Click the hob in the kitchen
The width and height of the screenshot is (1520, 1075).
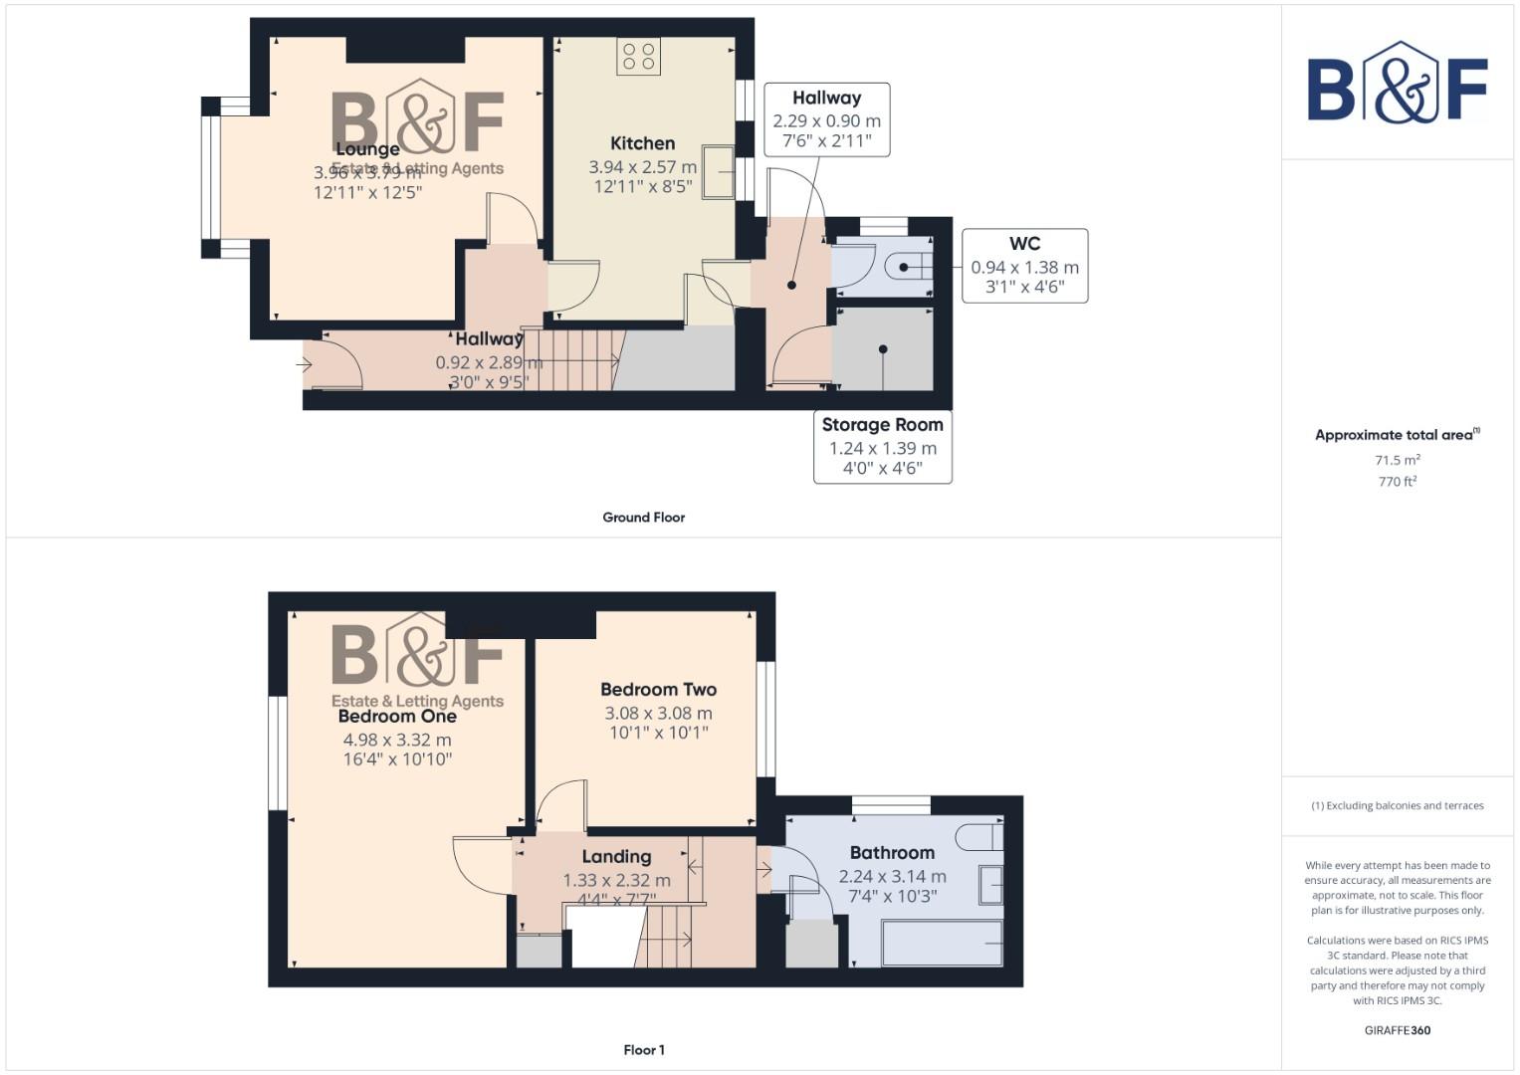(x=638, y=57)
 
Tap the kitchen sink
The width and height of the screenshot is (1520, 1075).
(x=717, y=172)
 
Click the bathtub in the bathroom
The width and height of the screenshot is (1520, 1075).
(x=942, y=943)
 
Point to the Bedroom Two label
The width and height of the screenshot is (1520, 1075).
(x=658, y=689)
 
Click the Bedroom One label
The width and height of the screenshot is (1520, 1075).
(x=397, y=716)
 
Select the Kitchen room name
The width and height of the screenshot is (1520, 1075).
(x=642, y=143)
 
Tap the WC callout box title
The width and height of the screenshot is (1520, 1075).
(x=1024, y=244)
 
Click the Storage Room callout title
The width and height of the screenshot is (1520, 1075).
(x=882, y=424)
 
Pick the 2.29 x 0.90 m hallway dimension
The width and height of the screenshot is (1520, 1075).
(x=826, y=121)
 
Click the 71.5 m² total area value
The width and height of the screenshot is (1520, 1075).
(x=1397, y=460)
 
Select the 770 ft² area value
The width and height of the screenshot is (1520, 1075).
(x=1397, y=482)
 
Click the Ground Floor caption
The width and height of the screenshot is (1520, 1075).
(x=643, y=518)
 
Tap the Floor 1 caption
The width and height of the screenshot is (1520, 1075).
(x=643, y=1050)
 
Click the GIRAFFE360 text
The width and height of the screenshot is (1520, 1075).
(x=1397, y=1030)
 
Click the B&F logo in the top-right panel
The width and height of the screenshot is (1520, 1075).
(x=1397, y=84)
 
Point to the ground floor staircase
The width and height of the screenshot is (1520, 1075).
(x=572, y=359)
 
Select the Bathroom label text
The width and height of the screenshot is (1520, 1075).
(x=892, y=853)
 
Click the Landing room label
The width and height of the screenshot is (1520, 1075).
(x=616, y=857)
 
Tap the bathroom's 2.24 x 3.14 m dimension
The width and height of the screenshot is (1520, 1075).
(x=892, y=877)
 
